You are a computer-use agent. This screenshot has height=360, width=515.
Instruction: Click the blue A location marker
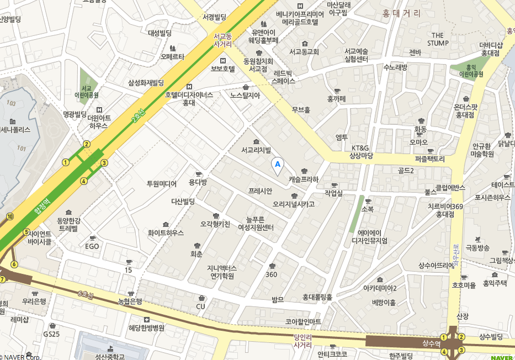tap(278, 164)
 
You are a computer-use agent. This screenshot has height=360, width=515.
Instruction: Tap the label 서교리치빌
tap(256, 150)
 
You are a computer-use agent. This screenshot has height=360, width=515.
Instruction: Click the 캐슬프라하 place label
tap(304, 179)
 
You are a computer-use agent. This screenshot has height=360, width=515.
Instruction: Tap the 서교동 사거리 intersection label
tap(222, 40)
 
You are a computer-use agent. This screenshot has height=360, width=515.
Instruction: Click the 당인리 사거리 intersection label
tap(303, 340)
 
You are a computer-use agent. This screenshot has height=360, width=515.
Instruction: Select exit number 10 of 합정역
tap(10, 216)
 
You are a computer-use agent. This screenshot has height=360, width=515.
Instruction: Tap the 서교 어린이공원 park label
tap(86, 91)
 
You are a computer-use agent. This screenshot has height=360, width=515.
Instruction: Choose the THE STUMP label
tap(438, 39)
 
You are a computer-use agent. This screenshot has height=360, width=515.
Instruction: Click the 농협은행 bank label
tap(130, 301)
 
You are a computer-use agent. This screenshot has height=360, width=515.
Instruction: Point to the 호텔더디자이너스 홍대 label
tap(189, 98)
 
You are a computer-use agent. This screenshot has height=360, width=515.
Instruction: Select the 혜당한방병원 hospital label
tap(146, 327)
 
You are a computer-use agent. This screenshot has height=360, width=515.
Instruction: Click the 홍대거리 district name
tap(401, 13)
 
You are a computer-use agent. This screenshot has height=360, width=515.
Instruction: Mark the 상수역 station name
tap(431, 343)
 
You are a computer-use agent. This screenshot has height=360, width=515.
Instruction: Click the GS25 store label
tap(51, 334)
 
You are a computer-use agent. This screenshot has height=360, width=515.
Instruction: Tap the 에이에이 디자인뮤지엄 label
tap(369, 236)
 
